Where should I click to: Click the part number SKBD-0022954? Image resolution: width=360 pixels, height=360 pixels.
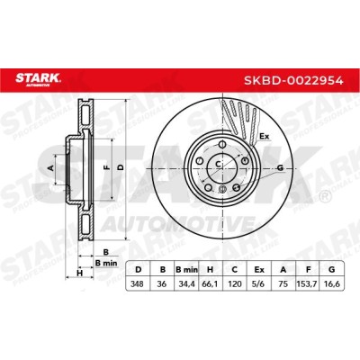pos(293,80)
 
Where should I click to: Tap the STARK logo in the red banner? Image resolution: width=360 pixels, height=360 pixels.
pos(38,79)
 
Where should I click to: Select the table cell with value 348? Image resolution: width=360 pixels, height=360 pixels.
pos(138,283)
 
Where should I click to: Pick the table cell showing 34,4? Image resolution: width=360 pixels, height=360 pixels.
pos(186,283)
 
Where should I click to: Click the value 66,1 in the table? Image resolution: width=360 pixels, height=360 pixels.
pos(211,283)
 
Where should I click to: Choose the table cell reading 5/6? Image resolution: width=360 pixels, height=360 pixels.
pos(259,283)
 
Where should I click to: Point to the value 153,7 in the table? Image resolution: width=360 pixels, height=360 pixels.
pos(308,283)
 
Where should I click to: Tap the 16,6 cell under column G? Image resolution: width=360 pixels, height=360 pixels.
pos(332,283)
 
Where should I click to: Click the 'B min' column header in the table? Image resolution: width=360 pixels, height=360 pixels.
pos(186,270)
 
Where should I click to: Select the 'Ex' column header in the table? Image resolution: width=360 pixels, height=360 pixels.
pos(259,270)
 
